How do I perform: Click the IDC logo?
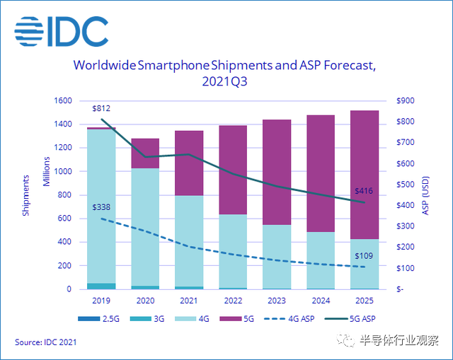point(62,29)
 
